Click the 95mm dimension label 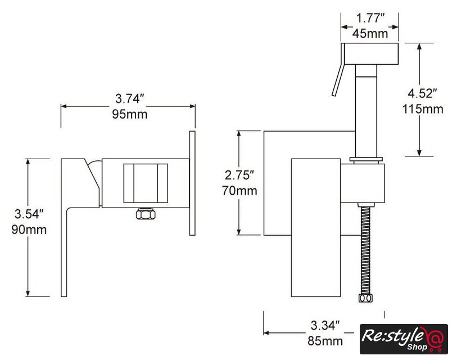[x=130, y=114]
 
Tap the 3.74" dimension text [x=130, y=98]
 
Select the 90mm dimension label [x=29, y=229]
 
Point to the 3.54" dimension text [x=29, y=214]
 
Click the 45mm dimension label [x=370, y=33]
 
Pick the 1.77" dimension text [x=370, y=18]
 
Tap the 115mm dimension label [x=423, y=109]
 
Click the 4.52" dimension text [x=422, y=93]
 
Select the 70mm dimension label [x=239, y=191]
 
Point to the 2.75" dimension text [x=239, y=175]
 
